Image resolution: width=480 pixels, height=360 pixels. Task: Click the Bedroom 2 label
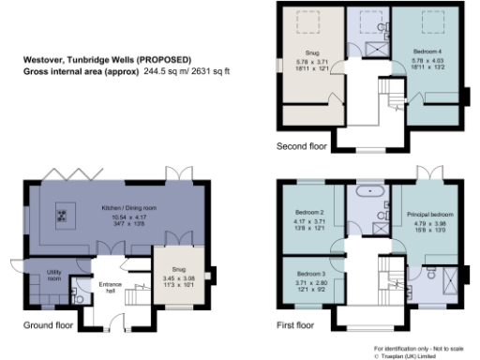(308, 212)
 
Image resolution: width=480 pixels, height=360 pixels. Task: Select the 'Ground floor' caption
(48, 326)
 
